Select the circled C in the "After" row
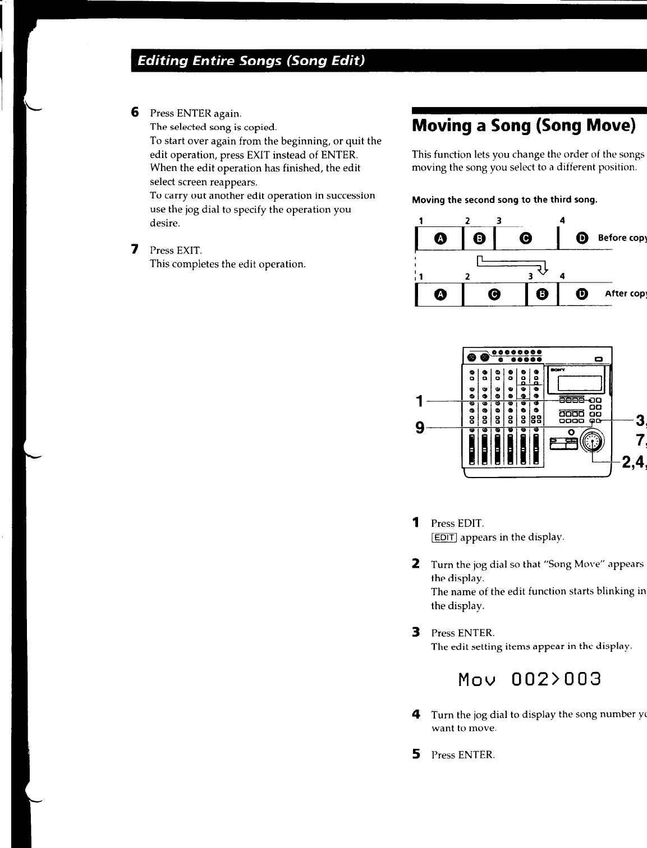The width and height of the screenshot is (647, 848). (494, 294)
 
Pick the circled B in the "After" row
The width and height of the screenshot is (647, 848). (542, 294)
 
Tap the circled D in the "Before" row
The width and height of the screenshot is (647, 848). (583, 238)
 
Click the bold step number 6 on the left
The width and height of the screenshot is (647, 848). (135, 113)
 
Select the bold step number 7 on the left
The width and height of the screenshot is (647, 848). (135, 249)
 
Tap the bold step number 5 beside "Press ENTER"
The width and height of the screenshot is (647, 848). (416, 754)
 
